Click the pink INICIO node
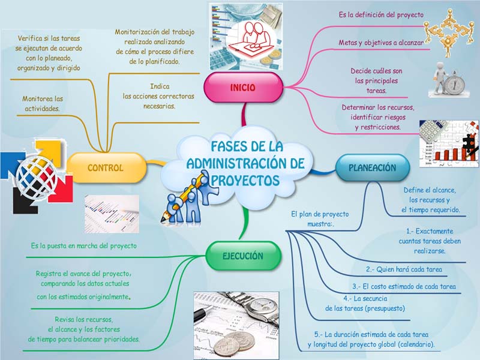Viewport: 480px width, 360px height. (x=244, y=88)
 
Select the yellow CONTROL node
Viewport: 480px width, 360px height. (x=106, y=167)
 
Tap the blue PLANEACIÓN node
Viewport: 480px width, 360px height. (x=373, y=168)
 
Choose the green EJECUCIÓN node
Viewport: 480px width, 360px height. (x=243, y=256)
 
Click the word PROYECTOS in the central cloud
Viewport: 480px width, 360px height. (x=245, y=180)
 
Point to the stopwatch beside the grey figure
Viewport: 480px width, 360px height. (x=455, y=83)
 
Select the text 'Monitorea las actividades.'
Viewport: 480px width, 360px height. (x=43, y=103)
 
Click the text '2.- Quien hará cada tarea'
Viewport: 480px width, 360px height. (x=404, y=269)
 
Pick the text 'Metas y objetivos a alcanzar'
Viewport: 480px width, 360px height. (x=381, y=43)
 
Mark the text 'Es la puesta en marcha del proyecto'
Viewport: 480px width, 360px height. (x=84, y=246)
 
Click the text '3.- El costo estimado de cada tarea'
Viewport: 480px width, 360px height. (x=404, y=287)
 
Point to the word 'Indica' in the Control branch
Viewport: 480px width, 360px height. (x=160, y=86)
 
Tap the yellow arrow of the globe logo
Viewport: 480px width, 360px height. (x=49, y=151)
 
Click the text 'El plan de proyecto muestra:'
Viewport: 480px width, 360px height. (x=320, y=219)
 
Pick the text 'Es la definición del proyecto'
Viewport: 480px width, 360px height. (x=381, y=14)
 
